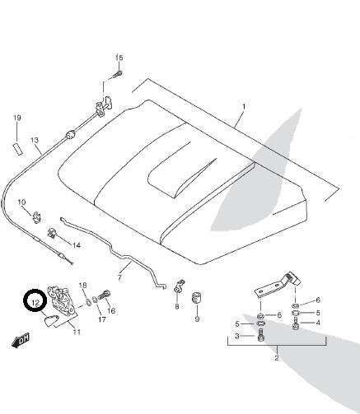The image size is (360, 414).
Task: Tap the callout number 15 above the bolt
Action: [x=119, y=58]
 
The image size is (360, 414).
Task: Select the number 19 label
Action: [x=17, y=118]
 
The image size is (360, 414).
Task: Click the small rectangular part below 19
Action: [x=18, y=148]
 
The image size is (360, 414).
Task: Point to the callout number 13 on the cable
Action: [x=35, y=140]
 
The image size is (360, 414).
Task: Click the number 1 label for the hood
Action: [x=244, y=106]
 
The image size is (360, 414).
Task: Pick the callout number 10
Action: [x=21, y=202]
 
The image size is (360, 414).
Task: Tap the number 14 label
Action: [x=77, y=245]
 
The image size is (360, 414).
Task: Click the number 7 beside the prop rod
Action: [x=119, y=277]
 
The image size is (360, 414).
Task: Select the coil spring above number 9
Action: [x=197, y=298]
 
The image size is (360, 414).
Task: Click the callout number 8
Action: [x=177, y=306]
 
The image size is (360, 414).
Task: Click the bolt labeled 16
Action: [x=105, y=295]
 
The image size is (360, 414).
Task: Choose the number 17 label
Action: [x=102, y=319]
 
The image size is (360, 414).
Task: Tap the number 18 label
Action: [x=82, y=286]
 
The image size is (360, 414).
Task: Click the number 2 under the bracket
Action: [x=277, y=358]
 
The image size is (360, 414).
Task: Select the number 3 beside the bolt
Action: [x=237, y=336]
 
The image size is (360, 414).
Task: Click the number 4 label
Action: [x=318, y=323]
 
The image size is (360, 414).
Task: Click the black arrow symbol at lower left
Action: [x=21, y=341]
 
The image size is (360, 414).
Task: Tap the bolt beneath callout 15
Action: [x=118, y=74]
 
